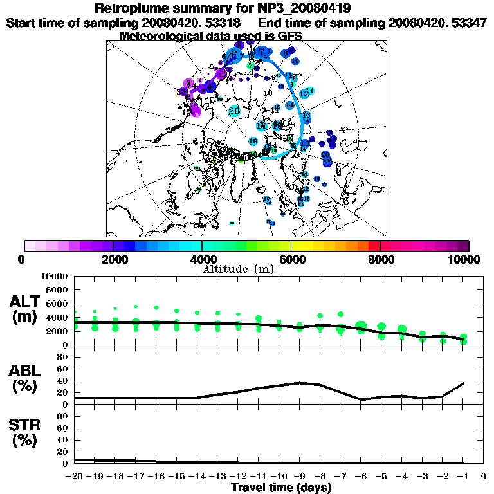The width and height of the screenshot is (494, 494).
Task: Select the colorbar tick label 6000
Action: click(291, 260)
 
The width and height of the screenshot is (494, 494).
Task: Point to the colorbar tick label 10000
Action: click(465, 260)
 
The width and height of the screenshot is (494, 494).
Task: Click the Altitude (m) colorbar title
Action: click(239, 269)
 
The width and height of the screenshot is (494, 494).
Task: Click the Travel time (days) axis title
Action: click(281, 488)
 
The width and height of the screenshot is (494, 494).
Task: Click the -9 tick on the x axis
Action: click(300, 477)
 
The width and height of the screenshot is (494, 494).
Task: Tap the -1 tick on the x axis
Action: click(463, 477)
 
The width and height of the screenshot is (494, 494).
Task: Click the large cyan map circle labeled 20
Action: click(235, 111)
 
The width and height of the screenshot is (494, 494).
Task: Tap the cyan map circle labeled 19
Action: click(253, 141)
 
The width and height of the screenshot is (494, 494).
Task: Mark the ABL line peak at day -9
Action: click(300, 383)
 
